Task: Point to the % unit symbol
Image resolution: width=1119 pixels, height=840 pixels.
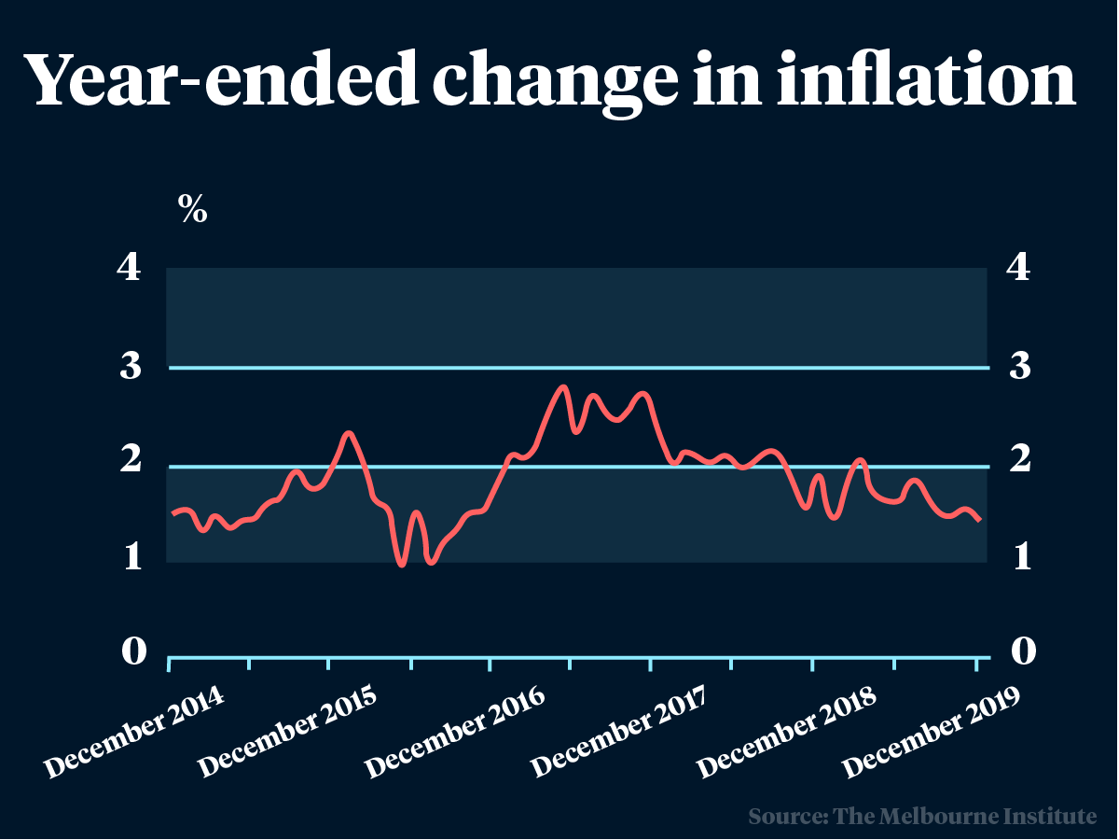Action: pos(193,211)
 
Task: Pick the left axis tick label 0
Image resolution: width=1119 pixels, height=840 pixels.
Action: pos(133,651)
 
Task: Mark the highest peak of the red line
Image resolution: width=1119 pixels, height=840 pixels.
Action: pos(562,386)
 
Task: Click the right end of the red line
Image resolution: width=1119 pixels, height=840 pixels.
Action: pos(979,520)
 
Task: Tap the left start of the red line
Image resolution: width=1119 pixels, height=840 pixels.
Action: pos(173,513)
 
